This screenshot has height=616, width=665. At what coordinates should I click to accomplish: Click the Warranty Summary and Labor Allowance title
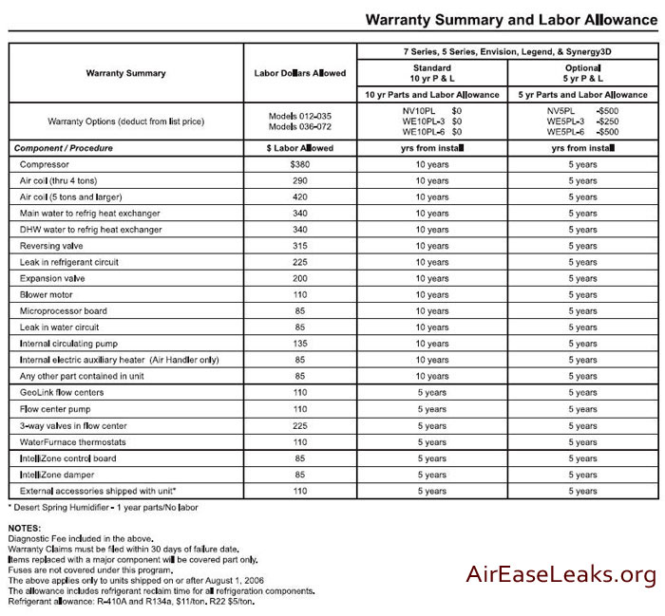tap(509, 19)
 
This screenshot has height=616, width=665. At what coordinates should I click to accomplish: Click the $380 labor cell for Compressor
tap(300, 164)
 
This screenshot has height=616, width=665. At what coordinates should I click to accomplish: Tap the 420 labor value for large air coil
tap(300, 196)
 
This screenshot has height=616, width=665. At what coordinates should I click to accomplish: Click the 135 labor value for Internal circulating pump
tap(300, 344)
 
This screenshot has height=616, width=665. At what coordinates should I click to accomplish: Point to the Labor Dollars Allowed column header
tap(300, 73)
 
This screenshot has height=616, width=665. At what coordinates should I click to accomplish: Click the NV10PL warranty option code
tap(419, 110)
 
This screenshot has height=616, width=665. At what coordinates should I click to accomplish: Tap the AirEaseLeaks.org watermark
tap(560, 574)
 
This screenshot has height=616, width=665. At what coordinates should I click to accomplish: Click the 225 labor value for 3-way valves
tap(300, 425)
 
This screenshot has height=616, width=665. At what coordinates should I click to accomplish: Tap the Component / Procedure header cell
tap(64, 148)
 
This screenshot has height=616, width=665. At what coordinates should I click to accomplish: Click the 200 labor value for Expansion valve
tap(300, 278)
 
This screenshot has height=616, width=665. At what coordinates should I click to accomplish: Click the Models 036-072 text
tap(300, 126)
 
